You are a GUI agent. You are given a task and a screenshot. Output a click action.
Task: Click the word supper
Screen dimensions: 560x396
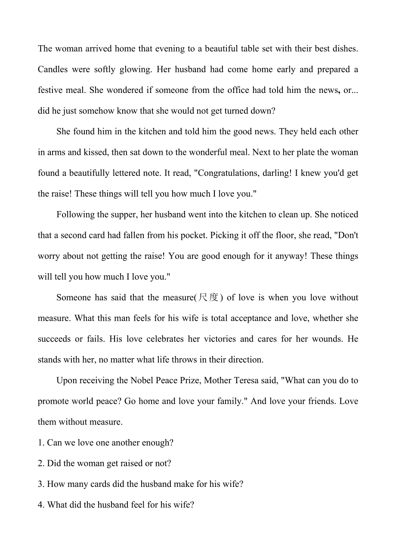(x=125, y=215)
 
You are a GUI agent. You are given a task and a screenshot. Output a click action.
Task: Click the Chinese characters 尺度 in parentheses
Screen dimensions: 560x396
(x=209, y=298)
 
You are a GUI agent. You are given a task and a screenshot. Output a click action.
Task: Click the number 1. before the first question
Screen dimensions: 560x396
(x=41, y=443)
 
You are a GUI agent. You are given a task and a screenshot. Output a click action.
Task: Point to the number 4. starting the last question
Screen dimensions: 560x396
(x=41, y=505)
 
